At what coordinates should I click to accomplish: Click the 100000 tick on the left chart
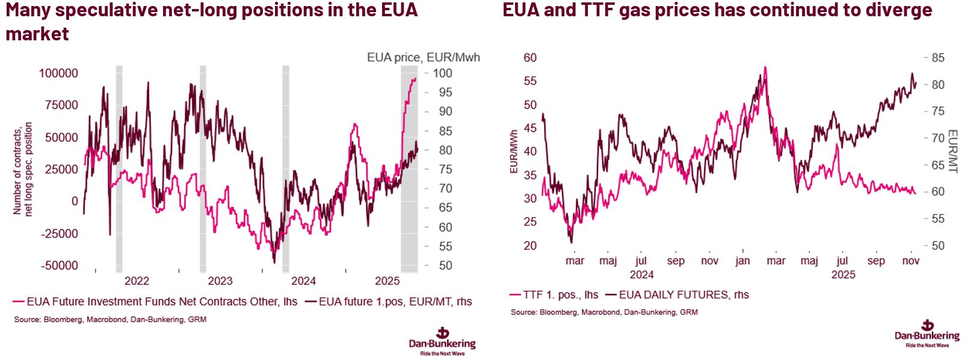(58, 73)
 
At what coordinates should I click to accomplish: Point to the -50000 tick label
(59, 265)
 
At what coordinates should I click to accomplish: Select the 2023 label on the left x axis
(220, 281)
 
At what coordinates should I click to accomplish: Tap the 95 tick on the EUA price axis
(445, 93)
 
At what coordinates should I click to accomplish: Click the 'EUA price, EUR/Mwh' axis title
(424, 58)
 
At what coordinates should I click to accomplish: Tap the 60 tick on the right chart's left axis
(530, 58)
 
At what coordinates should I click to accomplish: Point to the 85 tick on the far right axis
(937, 58)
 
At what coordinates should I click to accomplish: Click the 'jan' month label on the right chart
(743, 261)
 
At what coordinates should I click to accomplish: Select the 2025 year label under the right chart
(843, 275)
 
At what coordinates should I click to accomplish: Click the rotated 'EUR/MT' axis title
(953, 152)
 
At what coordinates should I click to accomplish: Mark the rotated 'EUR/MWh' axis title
(514, 152)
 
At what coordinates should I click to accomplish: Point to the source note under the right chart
(604, 312)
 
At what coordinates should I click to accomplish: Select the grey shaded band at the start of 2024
(286, 169)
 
